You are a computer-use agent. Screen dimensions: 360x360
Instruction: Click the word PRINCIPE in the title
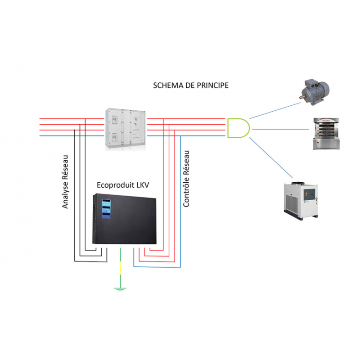[x=210, y=85]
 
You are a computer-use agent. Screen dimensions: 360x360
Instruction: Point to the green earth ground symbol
[x=120, y=288]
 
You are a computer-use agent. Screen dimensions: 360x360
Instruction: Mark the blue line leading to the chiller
[x=273, y=157]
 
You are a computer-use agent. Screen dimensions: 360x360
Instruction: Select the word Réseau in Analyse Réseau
[x=66, y=168]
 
